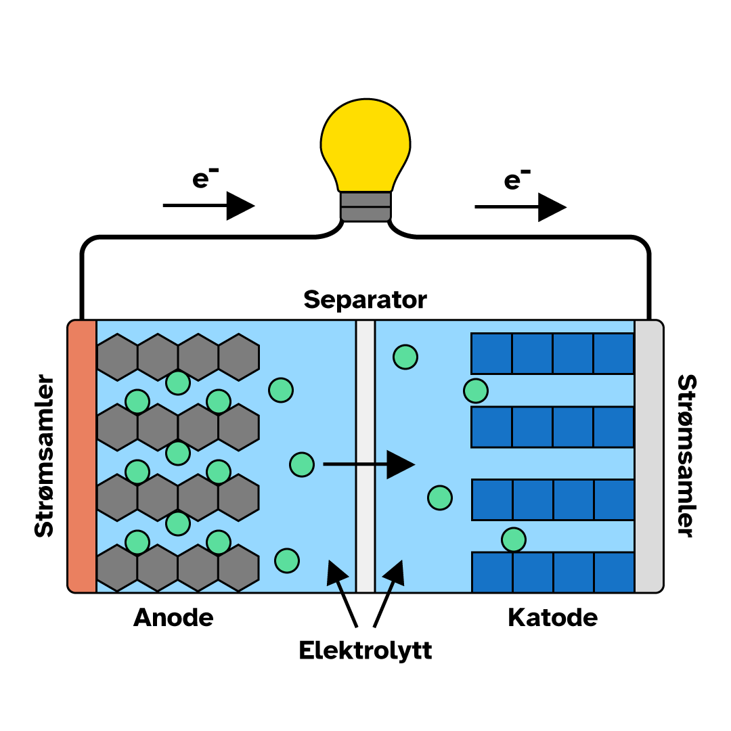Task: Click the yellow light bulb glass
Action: (x=365, y=142)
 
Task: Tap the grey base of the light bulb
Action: (x=365, y=206)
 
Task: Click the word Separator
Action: (x=365, y=299)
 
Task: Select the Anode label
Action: (x=173, y=617)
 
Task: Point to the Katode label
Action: (x=552, y=617)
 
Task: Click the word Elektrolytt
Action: (x=365, y=650)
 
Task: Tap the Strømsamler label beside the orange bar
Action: (x=44, y=456)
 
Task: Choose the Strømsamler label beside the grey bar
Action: (x=686, y=456)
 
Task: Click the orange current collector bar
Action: (x=83, y=456)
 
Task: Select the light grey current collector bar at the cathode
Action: (x=648, y=456)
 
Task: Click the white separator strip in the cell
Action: (x=365, y=456)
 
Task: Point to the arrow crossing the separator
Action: (x=369, y=464)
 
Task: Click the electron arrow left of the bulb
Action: (x=208, y=205)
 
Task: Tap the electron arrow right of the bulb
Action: (x=520, y=206)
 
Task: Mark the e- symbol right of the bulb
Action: (x=517, y=179)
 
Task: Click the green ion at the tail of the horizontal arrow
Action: (x=302, y=464)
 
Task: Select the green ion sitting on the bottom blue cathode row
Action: (x=514, y=539)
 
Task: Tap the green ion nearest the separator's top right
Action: (x=405, y=357)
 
